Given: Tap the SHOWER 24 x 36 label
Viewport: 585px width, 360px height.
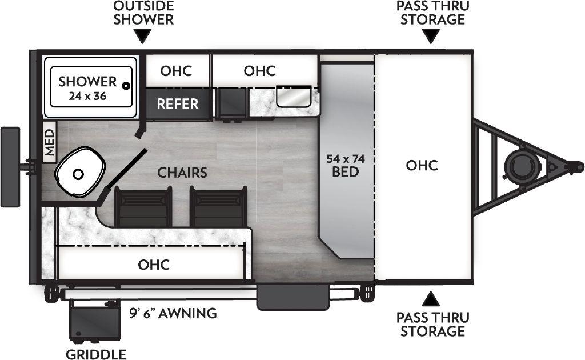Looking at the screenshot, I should (87, 88).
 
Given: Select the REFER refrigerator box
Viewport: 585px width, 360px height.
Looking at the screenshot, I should (178, 103).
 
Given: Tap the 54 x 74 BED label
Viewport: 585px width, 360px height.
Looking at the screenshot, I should (346, 164).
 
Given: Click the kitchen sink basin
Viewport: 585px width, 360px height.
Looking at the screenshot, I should (293, 97).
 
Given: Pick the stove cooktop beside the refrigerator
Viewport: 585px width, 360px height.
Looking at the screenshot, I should (232, 103).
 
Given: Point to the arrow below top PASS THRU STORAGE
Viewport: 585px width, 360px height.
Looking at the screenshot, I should (432, 37).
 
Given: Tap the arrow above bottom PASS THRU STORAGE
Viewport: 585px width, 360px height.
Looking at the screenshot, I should (432, 298).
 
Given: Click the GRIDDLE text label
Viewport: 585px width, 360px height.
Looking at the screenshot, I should (95, 354).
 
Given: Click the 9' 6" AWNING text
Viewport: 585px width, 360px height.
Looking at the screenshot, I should (173, 313).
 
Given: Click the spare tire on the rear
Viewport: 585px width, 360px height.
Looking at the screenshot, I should (10, 166).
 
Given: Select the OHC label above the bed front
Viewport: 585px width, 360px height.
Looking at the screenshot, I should (422, 165).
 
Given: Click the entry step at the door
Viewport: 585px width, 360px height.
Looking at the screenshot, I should (292, 295).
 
